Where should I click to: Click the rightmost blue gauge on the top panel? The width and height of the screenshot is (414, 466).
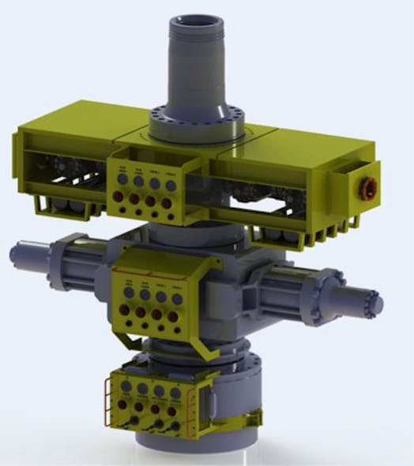tap(168, 183)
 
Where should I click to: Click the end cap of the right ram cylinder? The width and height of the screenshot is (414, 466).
tap(371, 303)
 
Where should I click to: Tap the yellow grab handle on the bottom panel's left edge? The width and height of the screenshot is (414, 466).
tap(109, 398)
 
